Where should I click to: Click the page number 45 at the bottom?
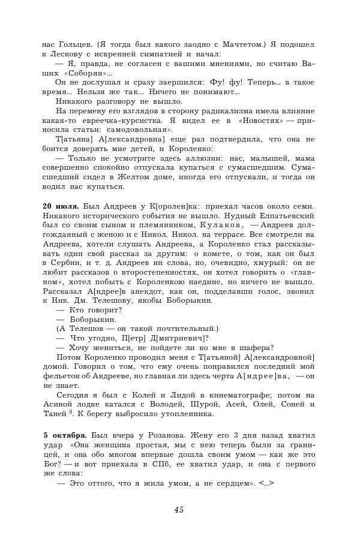click(179, 510)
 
